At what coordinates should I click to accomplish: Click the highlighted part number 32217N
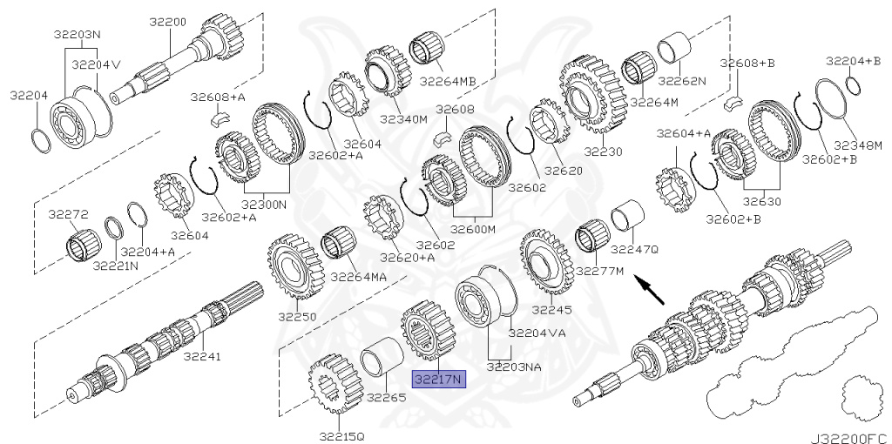click(440, 378)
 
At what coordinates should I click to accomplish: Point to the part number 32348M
click(858, 145)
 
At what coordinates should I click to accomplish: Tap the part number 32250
click(298, 316)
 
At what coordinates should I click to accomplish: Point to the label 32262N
click(681, 80)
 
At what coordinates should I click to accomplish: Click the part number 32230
click(604, 151)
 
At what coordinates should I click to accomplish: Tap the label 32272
click(68, 214)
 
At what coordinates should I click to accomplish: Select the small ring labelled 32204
click(41, 139)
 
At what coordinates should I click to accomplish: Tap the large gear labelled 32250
click(292, 268)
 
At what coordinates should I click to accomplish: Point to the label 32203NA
click(514, 367)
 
